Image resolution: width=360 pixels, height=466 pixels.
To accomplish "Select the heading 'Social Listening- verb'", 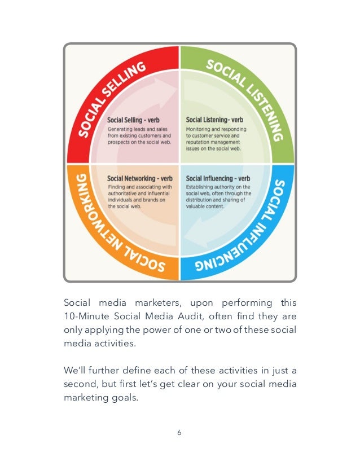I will pos(214,120).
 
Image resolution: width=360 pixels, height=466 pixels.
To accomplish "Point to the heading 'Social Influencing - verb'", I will pos(218,179).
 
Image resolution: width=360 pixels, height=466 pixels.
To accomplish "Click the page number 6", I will pos(179,433).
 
